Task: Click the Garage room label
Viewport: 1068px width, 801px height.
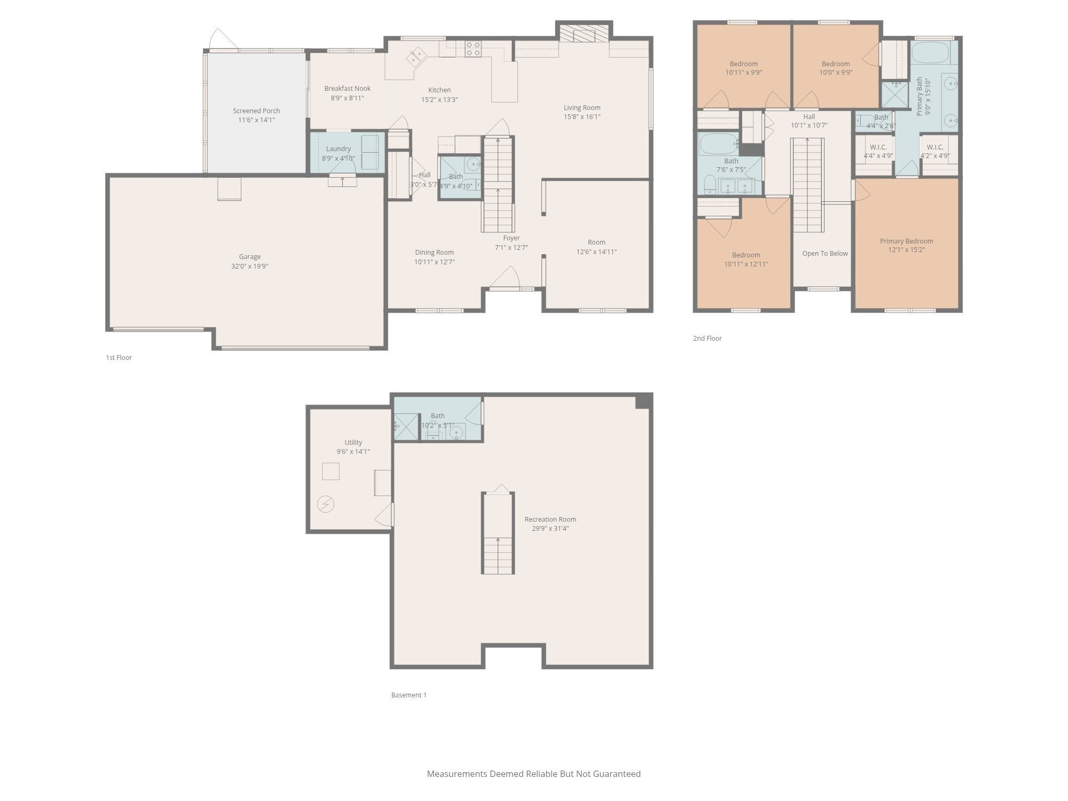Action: pyautogui.click(x=249, y=257)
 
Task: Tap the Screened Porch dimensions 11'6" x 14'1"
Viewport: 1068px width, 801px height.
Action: pyautogui.click(x=256, y=120)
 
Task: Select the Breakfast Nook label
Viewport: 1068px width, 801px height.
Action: pyautogui.click(x=347, y=89)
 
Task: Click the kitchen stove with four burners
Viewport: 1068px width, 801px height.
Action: pyautogui.click(x=473, y=49)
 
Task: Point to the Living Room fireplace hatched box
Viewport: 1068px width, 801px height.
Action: pyautogui.click(x=584, y=33)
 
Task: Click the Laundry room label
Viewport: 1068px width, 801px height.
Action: pyautogui.click(x=338, y=149)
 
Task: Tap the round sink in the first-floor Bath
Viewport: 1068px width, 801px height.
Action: pyautogui.click(x=473, y=164)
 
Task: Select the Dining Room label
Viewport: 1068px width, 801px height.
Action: pyautogui.click(x=434, y=253)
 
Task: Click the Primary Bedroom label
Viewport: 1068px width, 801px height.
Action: pyautogui.click(x=906, y=241)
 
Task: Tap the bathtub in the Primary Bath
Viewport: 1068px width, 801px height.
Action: pyautogui.click(x=930, y=52)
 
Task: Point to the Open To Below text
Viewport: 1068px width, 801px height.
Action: pyautogui.click(x=824, y=254)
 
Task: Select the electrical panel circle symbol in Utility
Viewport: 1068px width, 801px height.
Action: pyautogui.click(x=325, y=504)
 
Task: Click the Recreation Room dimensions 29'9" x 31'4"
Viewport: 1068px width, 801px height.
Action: pyautogui.click(x=550, y=529)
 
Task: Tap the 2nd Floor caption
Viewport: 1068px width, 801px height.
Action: pyautogui.click(x=707, y=339)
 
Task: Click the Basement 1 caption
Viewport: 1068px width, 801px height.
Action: pyautogui.click(x=409, y=695)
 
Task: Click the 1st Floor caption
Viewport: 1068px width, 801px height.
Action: pyautogui.click(x=119, y=358)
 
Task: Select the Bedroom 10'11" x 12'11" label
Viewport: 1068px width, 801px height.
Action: pyautogui.click(x=745, y=255)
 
